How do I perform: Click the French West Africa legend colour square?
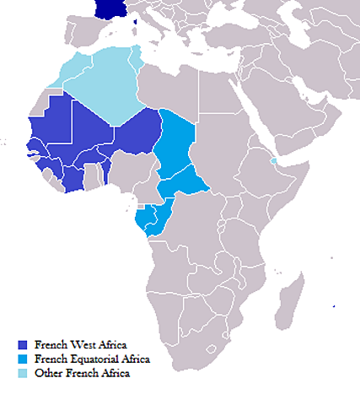[x=23, y=345]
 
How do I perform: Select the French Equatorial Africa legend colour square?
[x=23, y=359]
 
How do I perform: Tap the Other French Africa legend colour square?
[x=23, y=372]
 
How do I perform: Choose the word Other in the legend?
[x=49, y=372]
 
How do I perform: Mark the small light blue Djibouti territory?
[x=272, y=160]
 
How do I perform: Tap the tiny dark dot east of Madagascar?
[x=335, y=305]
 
